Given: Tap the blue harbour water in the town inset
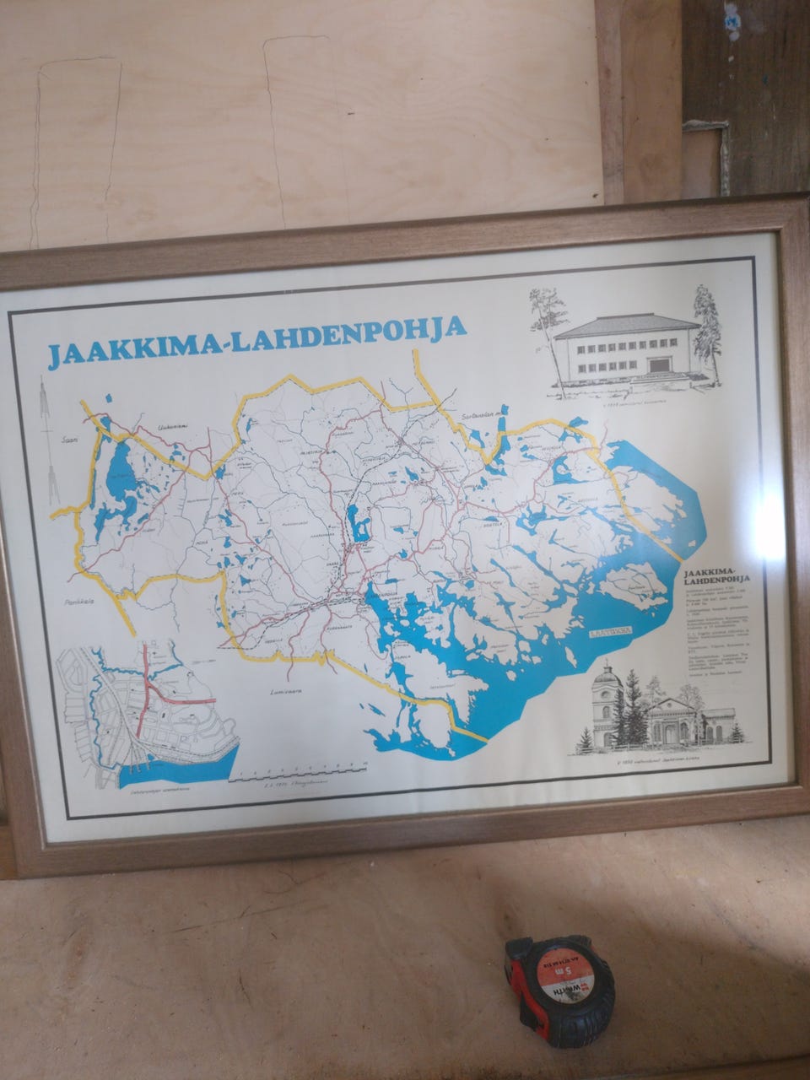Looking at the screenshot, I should pos(177,764).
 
